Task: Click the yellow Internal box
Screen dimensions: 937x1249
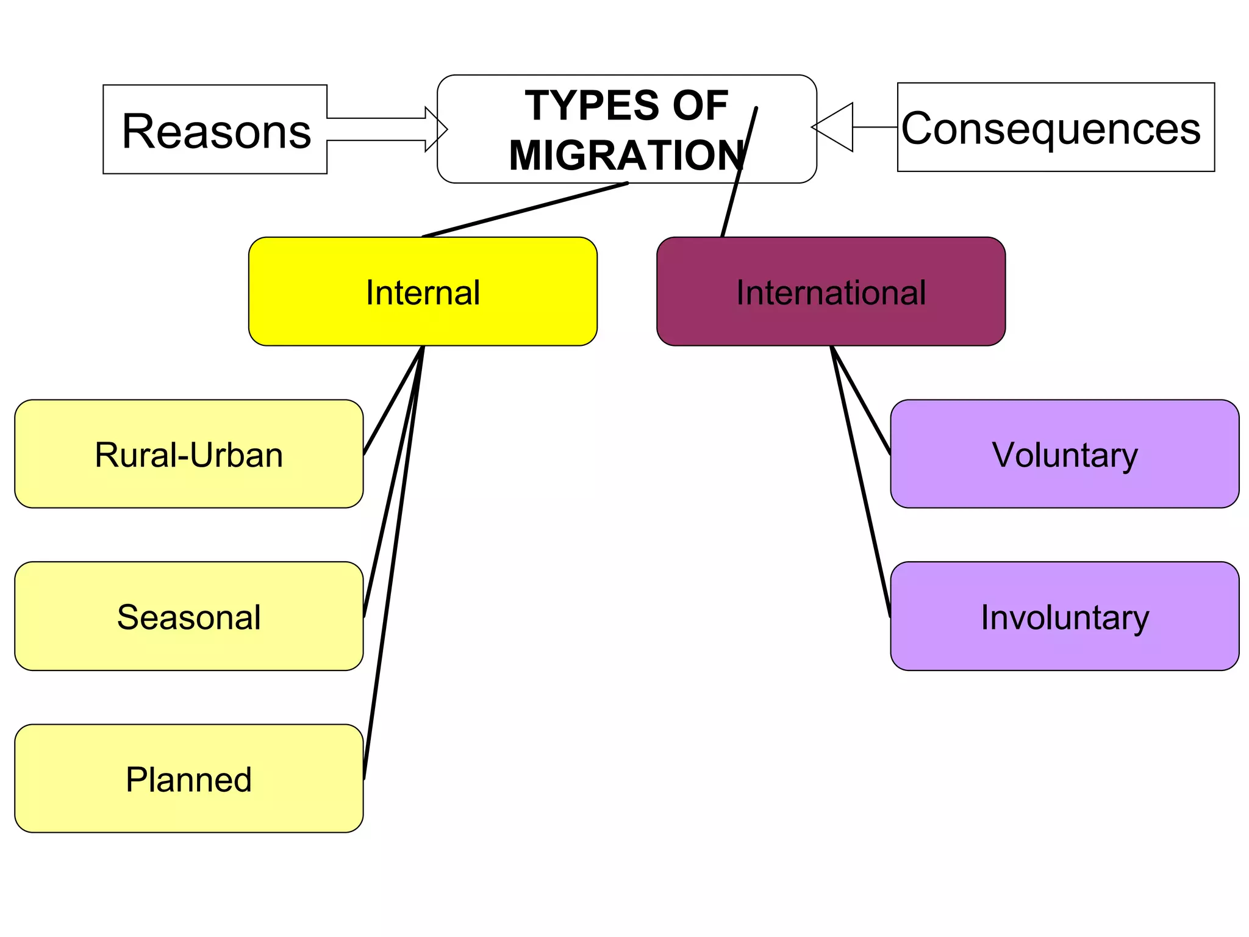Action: [x=423, y=292]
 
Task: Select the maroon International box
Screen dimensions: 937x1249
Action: [x=831, y=292]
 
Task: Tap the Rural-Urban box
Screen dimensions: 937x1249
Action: [x=188, y=454]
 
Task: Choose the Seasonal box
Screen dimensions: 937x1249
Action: [x=188, y=616]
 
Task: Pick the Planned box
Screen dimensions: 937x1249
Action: [x=188, y=778]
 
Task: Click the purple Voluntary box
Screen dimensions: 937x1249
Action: [x=1064, y=454]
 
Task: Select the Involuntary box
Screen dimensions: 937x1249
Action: [x=1064, y=616]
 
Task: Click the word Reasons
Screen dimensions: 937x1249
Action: [x=217, y=131]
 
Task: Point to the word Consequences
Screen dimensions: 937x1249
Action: [x=1051, y=128]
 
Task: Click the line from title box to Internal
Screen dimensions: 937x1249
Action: [x=524, y=209]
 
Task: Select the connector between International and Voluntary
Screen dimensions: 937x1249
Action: [x=861, y=401]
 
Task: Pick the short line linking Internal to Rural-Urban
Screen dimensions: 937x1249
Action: [x=393, y=401]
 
